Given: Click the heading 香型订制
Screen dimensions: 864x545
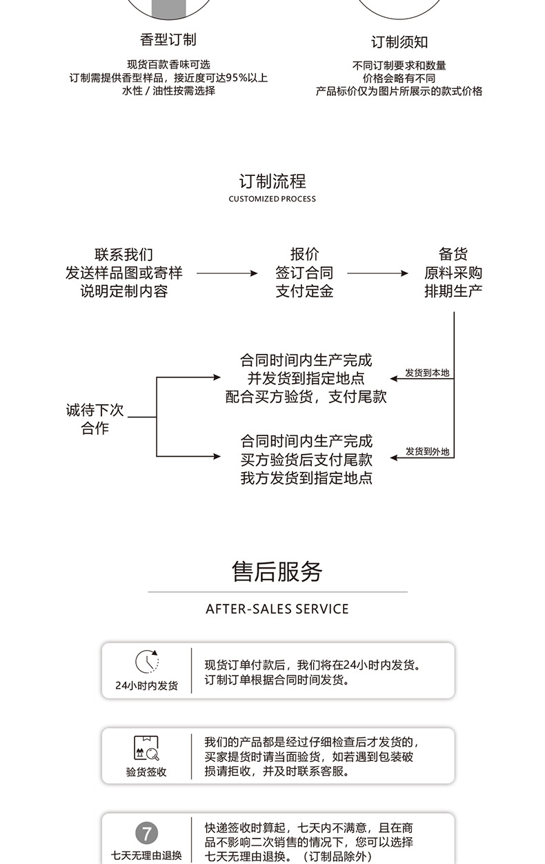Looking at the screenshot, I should click(x=168, y=39).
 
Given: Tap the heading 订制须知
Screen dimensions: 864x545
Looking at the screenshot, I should click(x=399, y=42).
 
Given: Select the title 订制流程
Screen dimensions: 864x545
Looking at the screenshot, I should click(x=272, y=181).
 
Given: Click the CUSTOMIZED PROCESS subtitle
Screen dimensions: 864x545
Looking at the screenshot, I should click(x=272, y=199).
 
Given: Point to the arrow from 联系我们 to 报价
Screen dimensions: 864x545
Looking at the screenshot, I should click(x=227, y=273).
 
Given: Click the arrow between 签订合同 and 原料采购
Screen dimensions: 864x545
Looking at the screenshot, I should click(x=377, y=273).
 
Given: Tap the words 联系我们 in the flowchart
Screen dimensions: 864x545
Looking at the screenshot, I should click(x=124, y=255).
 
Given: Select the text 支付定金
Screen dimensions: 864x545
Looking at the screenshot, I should click(x=304, y=291).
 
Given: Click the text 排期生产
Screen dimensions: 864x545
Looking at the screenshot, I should click(x=453, y=291).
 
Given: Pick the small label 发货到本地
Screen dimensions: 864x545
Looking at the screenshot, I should click(x=427, y=373).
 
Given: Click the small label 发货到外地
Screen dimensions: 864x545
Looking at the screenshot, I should click(x=427, y=451).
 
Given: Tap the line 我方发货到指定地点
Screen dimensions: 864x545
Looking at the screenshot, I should click(x=306, y=478).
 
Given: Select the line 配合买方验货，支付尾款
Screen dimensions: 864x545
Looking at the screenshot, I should click(x=306, y=397).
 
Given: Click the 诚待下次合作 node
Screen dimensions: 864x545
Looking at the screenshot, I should click(x=95, y=419).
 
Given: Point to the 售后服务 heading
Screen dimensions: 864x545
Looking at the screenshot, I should click(x=277, y=571).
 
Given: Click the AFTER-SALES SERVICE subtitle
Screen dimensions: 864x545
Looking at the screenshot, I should click(x=277, y=609).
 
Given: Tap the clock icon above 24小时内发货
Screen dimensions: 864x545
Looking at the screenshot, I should click(x=146, y=662).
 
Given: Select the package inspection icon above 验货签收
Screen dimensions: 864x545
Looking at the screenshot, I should click(x=146, y=748).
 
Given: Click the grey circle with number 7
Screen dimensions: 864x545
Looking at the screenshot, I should click(x=146, y=832).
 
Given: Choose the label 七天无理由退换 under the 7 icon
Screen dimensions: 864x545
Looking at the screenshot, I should click(x=146, y=856).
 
